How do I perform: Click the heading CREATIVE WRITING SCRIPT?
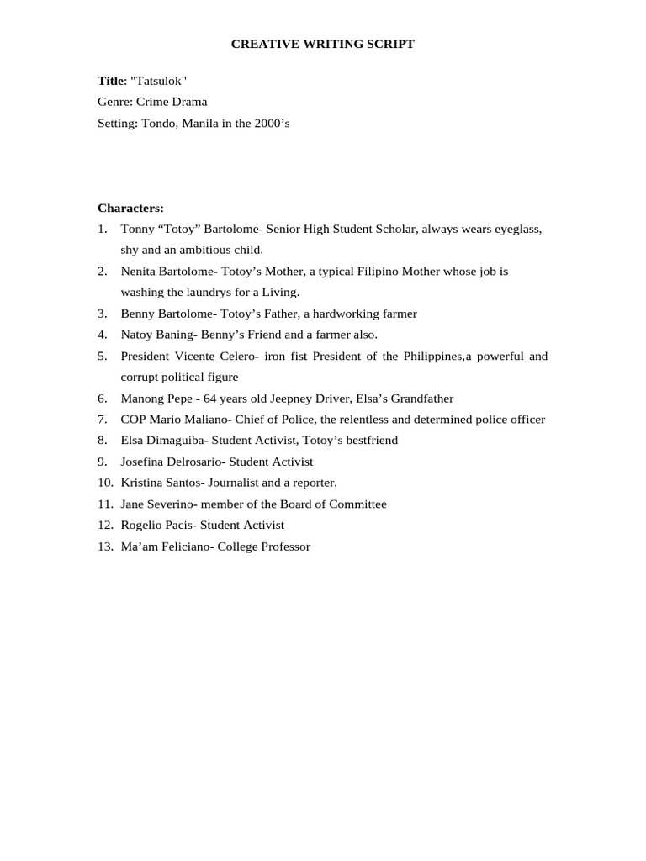pos(323,44)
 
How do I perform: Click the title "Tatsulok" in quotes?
pos(159,81)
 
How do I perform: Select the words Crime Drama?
pos(172,102)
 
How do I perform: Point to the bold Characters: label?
pos(130,208)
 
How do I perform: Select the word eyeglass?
pos(517,229)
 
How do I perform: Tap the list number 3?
pos(102,314)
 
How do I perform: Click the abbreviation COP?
pos(134,420)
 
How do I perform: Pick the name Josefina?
pos(144,462)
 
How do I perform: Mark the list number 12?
pos(104,525)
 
